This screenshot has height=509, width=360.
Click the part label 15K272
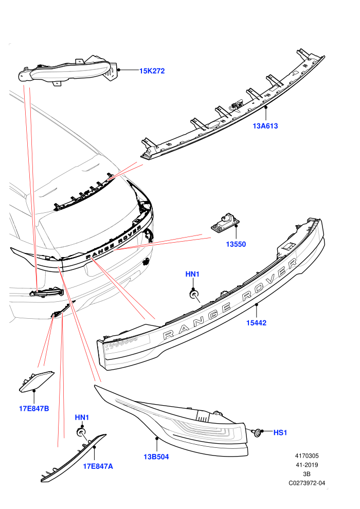click(x=152, y=71)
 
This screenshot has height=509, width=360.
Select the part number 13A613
click(x=265, y=126)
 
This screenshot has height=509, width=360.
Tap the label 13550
click(x=236, y=244)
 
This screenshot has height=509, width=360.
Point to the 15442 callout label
click(x=256, y=323)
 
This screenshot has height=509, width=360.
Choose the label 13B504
click(x=156, y=457)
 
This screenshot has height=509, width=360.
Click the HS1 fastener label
click(x=280, y=433)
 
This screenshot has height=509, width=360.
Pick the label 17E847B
click(x=34, y=408)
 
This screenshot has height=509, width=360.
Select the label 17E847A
click(x=98, y=466)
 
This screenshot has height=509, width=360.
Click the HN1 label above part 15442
click(x=192, y=275)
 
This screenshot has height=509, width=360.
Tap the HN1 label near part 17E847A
click(x=82, y=417)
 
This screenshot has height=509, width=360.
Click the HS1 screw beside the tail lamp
click(x=257, y=432)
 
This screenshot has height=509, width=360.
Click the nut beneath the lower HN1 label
click(x=81, y=432)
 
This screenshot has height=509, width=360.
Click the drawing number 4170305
click(x=307, y=456)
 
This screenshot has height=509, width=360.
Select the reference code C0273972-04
click(x=307, y=483)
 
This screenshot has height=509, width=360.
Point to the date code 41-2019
click(x=307, y=465)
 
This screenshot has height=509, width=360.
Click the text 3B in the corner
click(x=307, y=474)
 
